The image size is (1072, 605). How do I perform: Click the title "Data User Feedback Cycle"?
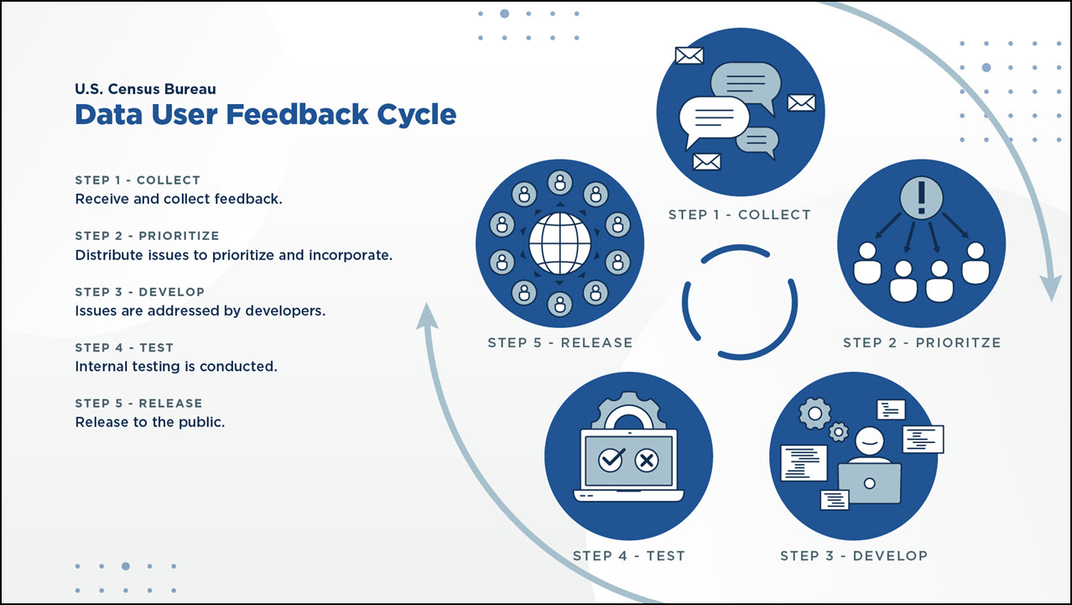[265, 114]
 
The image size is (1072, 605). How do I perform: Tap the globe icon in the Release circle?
[559, 243]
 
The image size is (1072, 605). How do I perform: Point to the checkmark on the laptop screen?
[611, 459]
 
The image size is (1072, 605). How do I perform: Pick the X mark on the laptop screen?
[646, 459]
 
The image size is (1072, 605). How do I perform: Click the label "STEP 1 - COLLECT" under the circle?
[739, 215]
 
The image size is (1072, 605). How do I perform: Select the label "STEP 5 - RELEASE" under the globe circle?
[559, 342]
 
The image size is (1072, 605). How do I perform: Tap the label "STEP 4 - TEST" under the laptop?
[628, 555]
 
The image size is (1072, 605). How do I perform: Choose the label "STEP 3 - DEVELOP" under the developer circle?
[853, 555]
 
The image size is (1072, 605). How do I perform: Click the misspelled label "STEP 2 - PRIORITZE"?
[921, 342]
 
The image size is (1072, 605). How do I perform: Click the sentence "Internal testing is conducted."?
[176, 367]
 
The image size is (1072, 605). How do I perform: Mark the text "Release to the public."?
[150, 422]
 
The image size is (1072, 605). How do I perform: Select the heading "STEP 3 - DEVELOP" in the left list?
[139, 292]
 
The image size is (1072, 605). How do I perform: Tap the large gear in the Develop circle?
[814, 413]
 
